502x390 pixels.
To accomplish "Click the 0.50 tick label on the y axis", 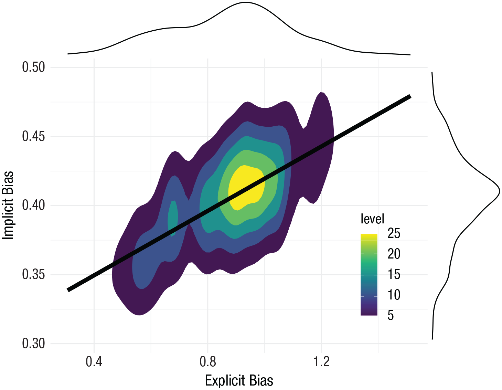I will pyautogui.click(x=33, y=67).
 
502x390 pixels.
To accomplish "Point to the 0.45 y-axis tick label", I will pyautogui.click(x=33, y=136).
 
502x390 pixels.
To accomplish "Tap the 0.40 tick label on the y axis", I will pyautogui.click(x=33, y=205).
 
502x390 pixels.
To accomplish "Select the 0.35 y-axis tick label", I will pyautogui.click(x=33, y=275).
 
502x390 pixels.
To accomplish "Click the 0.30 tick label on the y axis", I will pyautogui.click(x=33, y=344).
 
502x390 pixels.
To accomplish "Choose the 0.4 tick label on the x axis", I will pyautogui.click(x=94, y=362).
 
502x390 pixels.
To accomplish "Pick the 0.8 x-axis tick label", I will pyautogui.click(x=208, y=362).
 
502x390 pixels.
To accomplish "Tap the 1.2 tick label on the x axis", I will pyautogui.click(x=321, y=362).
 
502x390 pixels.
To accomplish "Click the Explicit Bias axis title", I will pyautogui.click(x=239, y=381).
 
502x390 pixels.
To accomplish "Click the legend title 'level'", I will pyautogui.click(x=372, y=219).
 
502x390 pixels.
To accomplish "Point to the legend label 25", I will pyautogui.click(x=394, y=234).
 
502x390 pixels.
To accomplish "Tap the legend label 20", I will pyautogui.click(x=394, y=254).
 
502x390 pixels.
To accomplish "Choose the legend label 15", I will pyautogui.click(x=394, y=274).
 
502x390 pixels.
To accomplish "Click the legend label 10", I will pyautogui.click(x=394, y=295).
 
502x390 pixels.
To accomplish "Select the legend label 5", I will pyautogui.click(x=391, y=315).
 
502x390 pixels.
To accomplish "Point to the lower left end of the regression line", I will pyautogui.click(x=68, y=290).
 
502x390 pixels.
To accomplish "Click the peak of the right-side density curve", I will pyautogui.click(x=499, y=191).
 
